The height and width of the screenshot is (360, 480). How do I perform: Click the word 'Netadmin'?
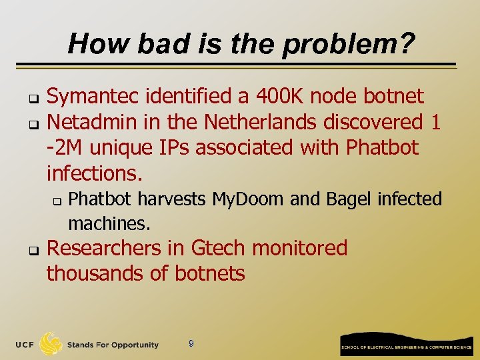pos(91,122)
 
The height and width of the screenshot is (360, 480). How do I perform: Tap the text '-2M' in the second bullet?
pos(64,147)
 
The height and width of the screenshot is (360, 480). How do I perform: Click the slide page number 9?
pos(191,343)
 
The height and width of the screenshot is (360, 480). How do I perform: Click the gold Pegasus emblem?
pos(51,343)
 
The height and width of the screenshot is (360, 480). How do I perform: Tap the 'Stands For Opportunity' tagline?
pos(113,345)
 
